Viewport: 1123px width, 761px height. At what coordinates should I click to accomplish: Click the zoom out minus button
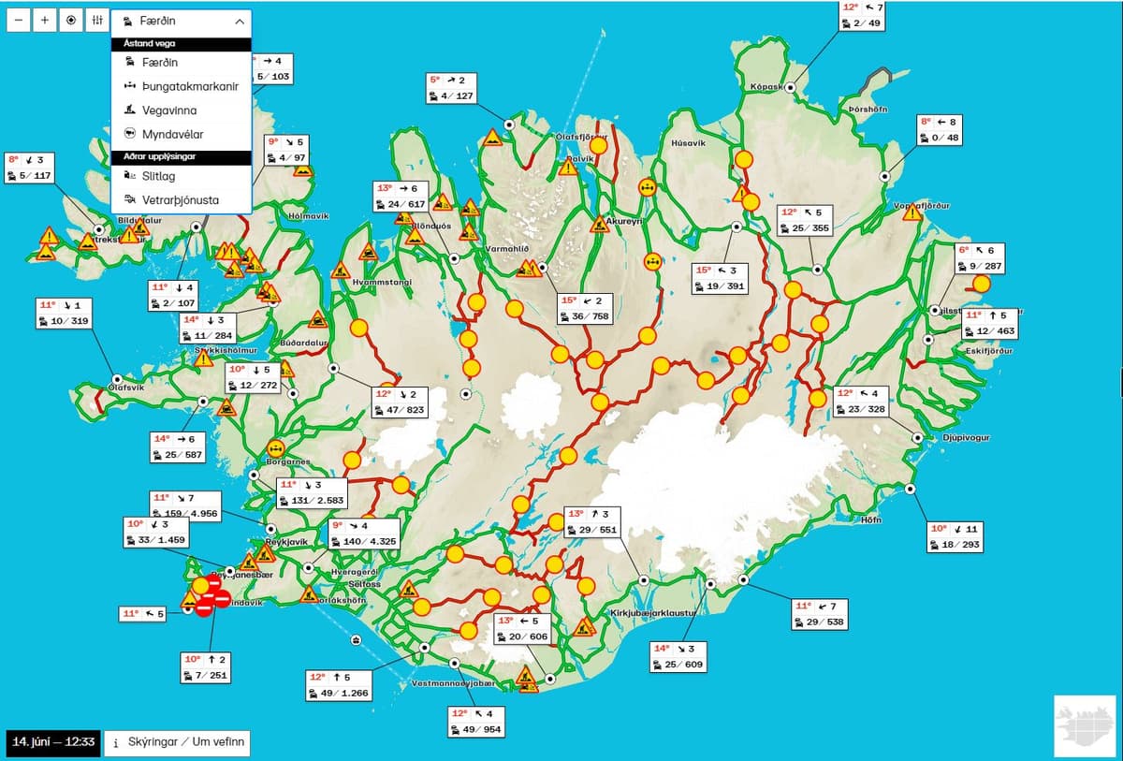click(20, 21)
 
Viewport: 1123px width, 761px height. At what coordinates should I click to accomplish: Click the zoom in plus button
click(45, 21)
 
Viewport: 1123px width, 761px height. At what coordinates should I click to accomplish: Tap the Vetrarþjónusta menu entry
click(181, 199)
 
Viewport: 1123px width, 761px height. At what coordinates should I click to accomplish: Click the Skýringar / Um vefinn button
click(177, 744)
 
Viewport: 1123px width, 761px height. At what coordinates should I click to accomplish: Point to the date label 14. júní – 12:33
click(52, 743)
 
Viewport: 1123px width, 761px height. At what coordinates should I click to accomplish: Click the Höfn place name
click(870, 520)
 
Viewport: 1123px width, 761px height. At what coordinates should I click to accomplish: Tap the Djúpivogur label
click(966, 437)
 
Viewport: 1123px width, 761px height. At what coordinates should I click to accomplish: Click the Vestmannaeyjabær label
click(452, 684)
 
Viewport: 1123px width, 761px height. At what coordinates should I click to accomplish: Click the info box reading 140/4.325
click(363, 534)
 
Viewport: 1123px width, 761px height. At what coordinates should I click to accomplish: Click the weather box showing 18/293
click(955, 536)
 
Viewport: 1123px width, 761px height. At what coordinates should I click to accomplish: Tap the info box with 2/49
click(863, 15)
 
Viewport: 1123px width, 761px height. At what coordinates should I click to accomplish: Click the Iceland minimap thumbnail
click(1083, 726)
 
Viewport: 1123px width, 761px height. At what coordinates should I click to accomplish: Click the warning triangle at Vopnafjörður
click(912, 212)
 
